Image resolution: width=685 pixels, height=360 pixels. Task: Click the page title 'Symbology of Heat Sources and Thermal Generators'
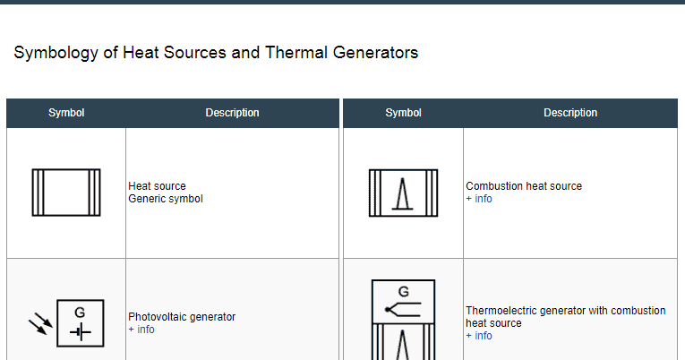point(216,53)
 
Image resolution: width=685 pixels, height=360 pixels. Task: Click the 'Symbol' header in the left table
point(66,113)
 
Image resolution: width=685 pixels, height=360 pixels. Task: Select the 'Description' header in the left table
point(232,113)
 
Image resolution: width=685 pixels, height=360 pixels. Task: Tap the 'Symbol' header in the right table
point(403,113)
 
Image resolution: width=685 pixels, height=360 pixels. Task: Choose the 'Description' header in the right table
point(570,113)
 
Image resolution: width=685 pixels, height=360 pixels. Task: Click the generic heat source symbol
point(66,192)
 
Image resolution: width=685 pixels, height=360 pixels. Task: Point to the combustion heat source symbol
point(403,192)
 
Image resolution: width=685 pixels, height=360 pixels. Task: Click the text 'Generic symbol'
point(166,199)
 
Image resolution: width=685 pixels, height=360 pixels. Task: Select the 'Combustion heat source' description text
point(524,186)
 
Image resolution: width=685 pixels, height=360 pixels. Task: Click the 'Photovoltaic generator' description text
point(182,317)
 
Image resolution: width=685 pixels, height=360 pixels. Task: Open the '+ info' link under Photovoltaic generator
point(141,330)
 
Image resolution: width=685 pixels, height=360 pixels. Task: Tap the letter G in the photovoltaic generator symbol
point(80,313)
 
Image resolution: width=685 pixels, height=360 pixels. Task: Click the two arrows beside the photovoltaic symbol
point(40,323)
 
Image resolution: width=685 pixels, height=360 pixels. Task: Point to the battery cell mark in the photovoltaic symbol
point(81,332)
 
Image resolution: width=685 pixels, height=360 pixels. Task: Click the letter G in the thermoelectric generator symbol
point(403,291)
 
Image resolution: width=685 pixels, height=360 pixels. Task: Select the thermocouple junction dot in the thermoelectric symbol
point(387,310)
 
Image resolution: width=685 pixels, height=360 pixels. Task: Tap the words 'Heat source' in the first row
point(158,186)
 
